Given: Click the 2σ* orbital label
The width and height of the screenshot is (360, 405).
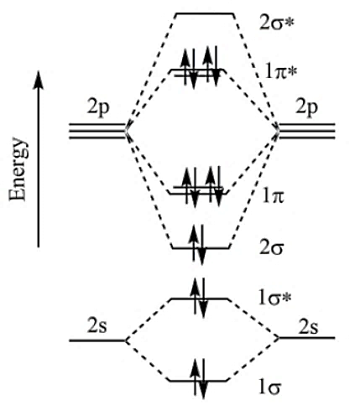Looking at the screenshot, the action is [x=276, y=23].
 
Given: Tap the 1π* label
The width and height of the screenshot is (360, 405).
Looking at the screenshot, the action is [x=280, y=72].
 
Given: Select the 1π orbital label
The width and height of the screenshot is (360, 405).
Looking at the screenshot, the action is [x=274, y=196].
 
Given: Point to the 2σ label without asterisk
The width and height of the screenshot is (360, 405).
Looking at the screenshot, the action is [x=272, y=247].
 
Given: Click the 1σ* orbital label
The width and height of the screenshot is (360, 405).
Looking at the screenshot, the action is [x=274, y=299].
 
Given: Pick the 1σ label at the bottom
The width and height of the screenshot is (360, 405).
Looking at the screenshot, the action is [x=269, y=387].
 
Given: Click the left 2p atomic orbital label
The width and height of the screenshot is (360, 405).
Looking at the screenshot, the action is [x=98, y=108].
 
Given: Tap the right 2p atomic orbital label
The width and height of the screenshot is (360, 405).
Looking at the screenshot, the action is [x=307, y=108].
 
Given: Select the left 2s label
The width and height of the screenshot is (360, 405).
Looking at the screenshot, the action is [x=97, y=326].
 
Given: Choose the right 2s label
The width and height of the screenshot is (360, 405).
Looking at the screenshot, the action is [x=308, y=326].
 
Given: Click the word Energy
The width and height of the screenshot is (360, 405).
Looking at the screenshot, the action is [x=18, y=169].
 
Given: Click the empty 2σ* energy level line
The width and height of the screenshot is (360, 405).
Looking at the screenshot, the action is [x=205, y=13].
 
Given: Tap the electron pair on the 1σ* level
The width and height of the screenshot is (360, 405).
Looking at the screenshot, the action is [x=198, y=298].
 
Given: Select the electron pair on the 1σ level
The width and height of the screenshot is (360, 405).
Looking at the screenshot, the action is [x=198, y=379].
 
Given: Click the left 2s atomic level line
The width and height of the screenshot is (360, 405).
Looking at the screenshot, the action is [x=97, y=340].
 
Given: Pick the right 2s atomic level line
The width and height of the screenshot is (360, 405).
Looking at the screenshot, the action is [x=307, y=338].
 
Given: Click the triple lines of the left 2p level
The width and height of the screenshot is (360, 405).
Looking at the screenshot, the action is [x=97, y=131].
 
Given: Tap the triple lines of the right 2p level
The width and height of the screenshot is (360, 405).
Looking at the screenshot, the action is [x=307, y=131].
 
